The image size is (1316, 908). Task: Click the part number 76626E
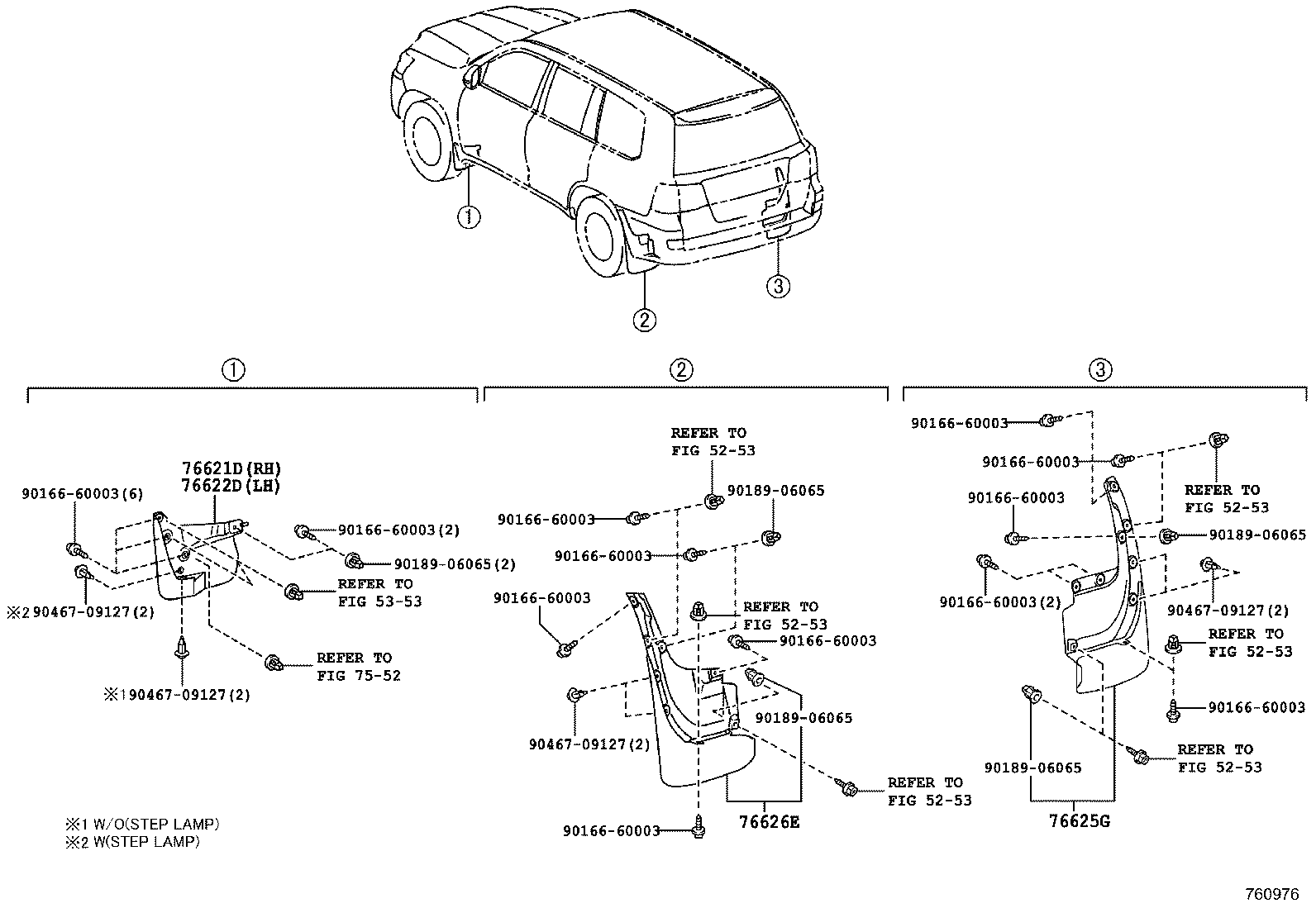click(769, 822)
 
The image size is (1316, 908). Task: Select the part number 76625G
click(1080, 820)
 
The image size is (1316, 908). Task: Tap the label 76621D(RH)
click(231, 468)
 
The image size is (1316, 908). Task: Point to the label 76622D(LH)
click(231, 486)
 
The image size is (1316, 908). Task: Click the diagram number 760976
click(1272, 894)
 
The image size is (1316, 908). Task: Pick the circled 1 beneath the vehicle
click(469, 218)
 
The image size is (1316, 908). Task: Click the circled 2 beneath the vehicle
click(645, 320)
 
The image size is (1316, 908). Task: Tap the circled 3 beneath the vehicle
click(779, 287)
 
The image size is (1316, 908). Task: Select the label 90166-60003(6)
click(83, 493)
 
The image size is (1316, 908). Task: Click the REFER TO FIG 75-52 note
click(359, 667)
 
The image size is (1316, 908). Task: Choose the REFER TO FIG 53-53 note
click(379, 592)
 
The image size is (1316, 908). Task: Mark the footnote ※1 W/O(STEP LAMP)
click(142, 824)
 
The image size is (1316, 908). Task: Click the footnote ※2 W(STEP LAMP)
click(133, 842)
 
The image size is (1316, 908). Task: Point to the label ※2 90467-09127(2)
click(80, 612)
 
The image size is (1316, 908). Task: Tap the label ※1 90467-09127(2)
click(177, 695)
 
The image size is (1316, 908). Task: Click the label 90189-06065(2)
click(455, 564)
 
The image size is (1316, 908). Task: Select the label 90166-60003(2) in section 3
click(1000, 602)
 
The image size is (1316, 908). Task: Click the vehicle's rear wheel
click(600, 236)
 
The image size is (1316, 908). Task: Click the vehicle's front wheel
click(427, 141)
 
